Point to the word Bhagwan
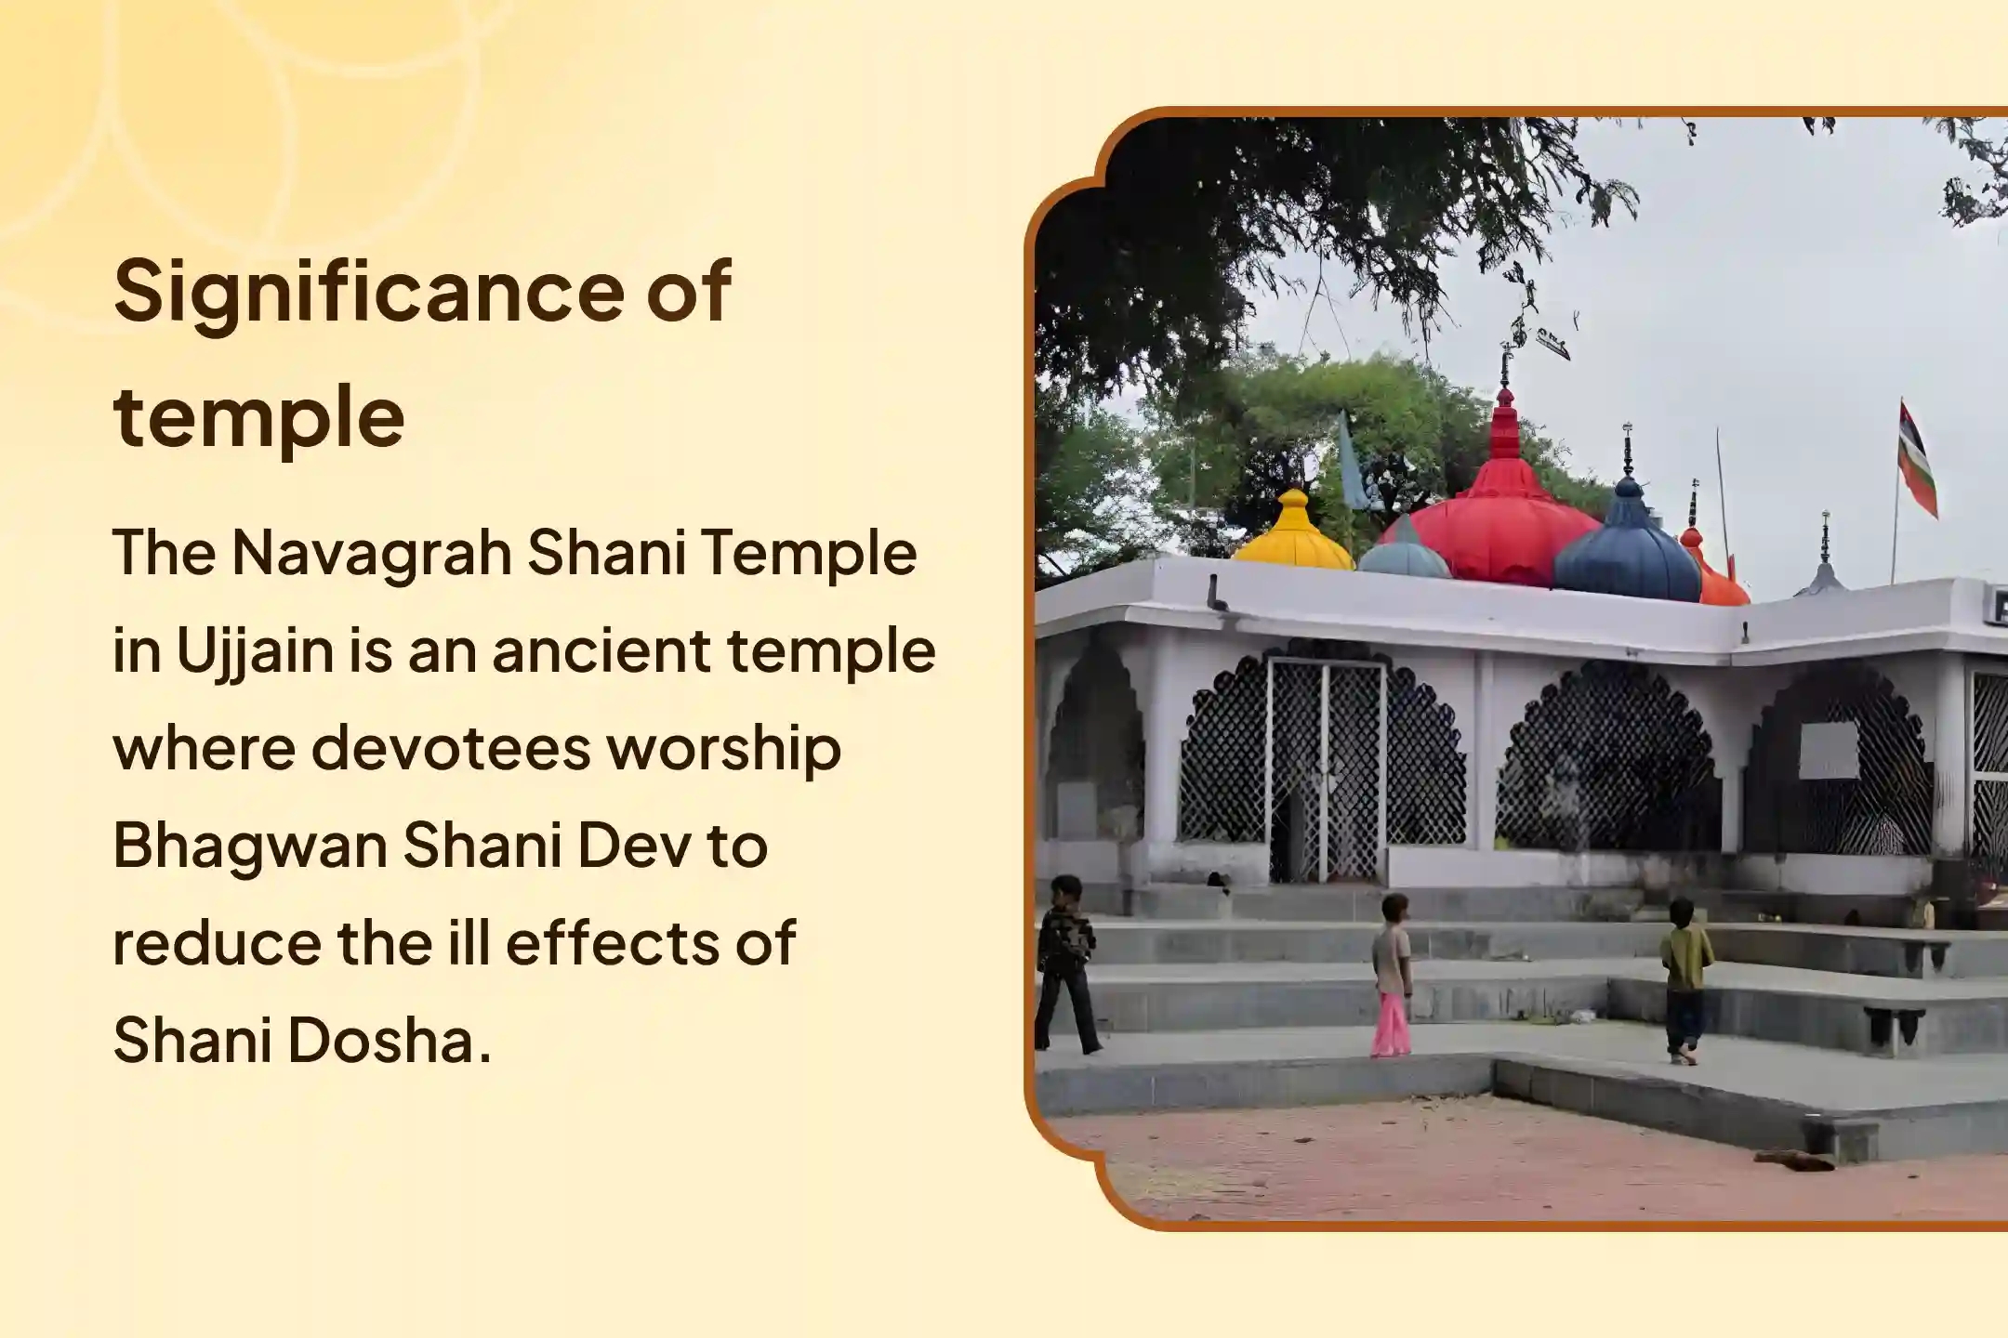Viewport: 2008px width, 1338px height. coord(250,847)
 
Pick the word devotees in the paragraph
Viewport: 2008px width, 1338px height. coord(451,748)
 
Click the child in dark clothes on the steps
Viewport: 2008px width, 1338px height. coord(1065,964)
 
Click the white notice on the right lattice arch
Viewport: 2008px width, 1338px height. coord(1829,751)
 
